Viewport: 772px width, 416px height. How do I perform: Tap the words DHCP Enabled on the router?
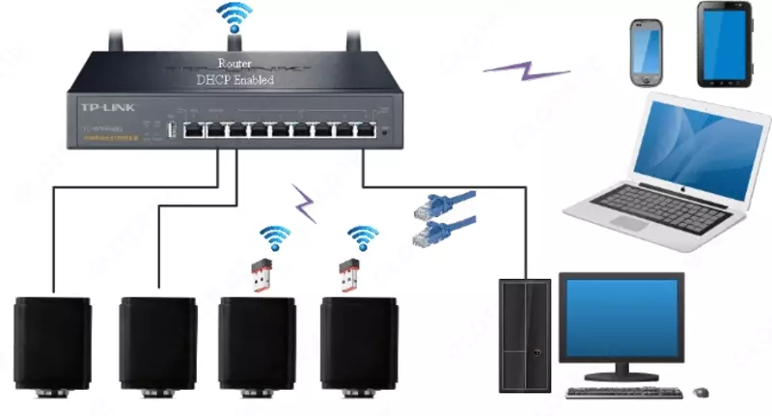pyautogui.click(x=234, y=80)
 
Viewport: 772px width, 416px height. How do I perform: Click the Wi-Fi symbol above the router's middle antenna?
pyautogui.click(x=234, y=17)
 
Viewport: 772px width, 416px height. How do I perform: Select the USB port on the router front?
pyautogui.click(x=170, y=129)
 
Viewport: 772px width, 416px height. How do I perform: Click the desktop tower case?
pyautogui.click(x=525, y=334)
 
